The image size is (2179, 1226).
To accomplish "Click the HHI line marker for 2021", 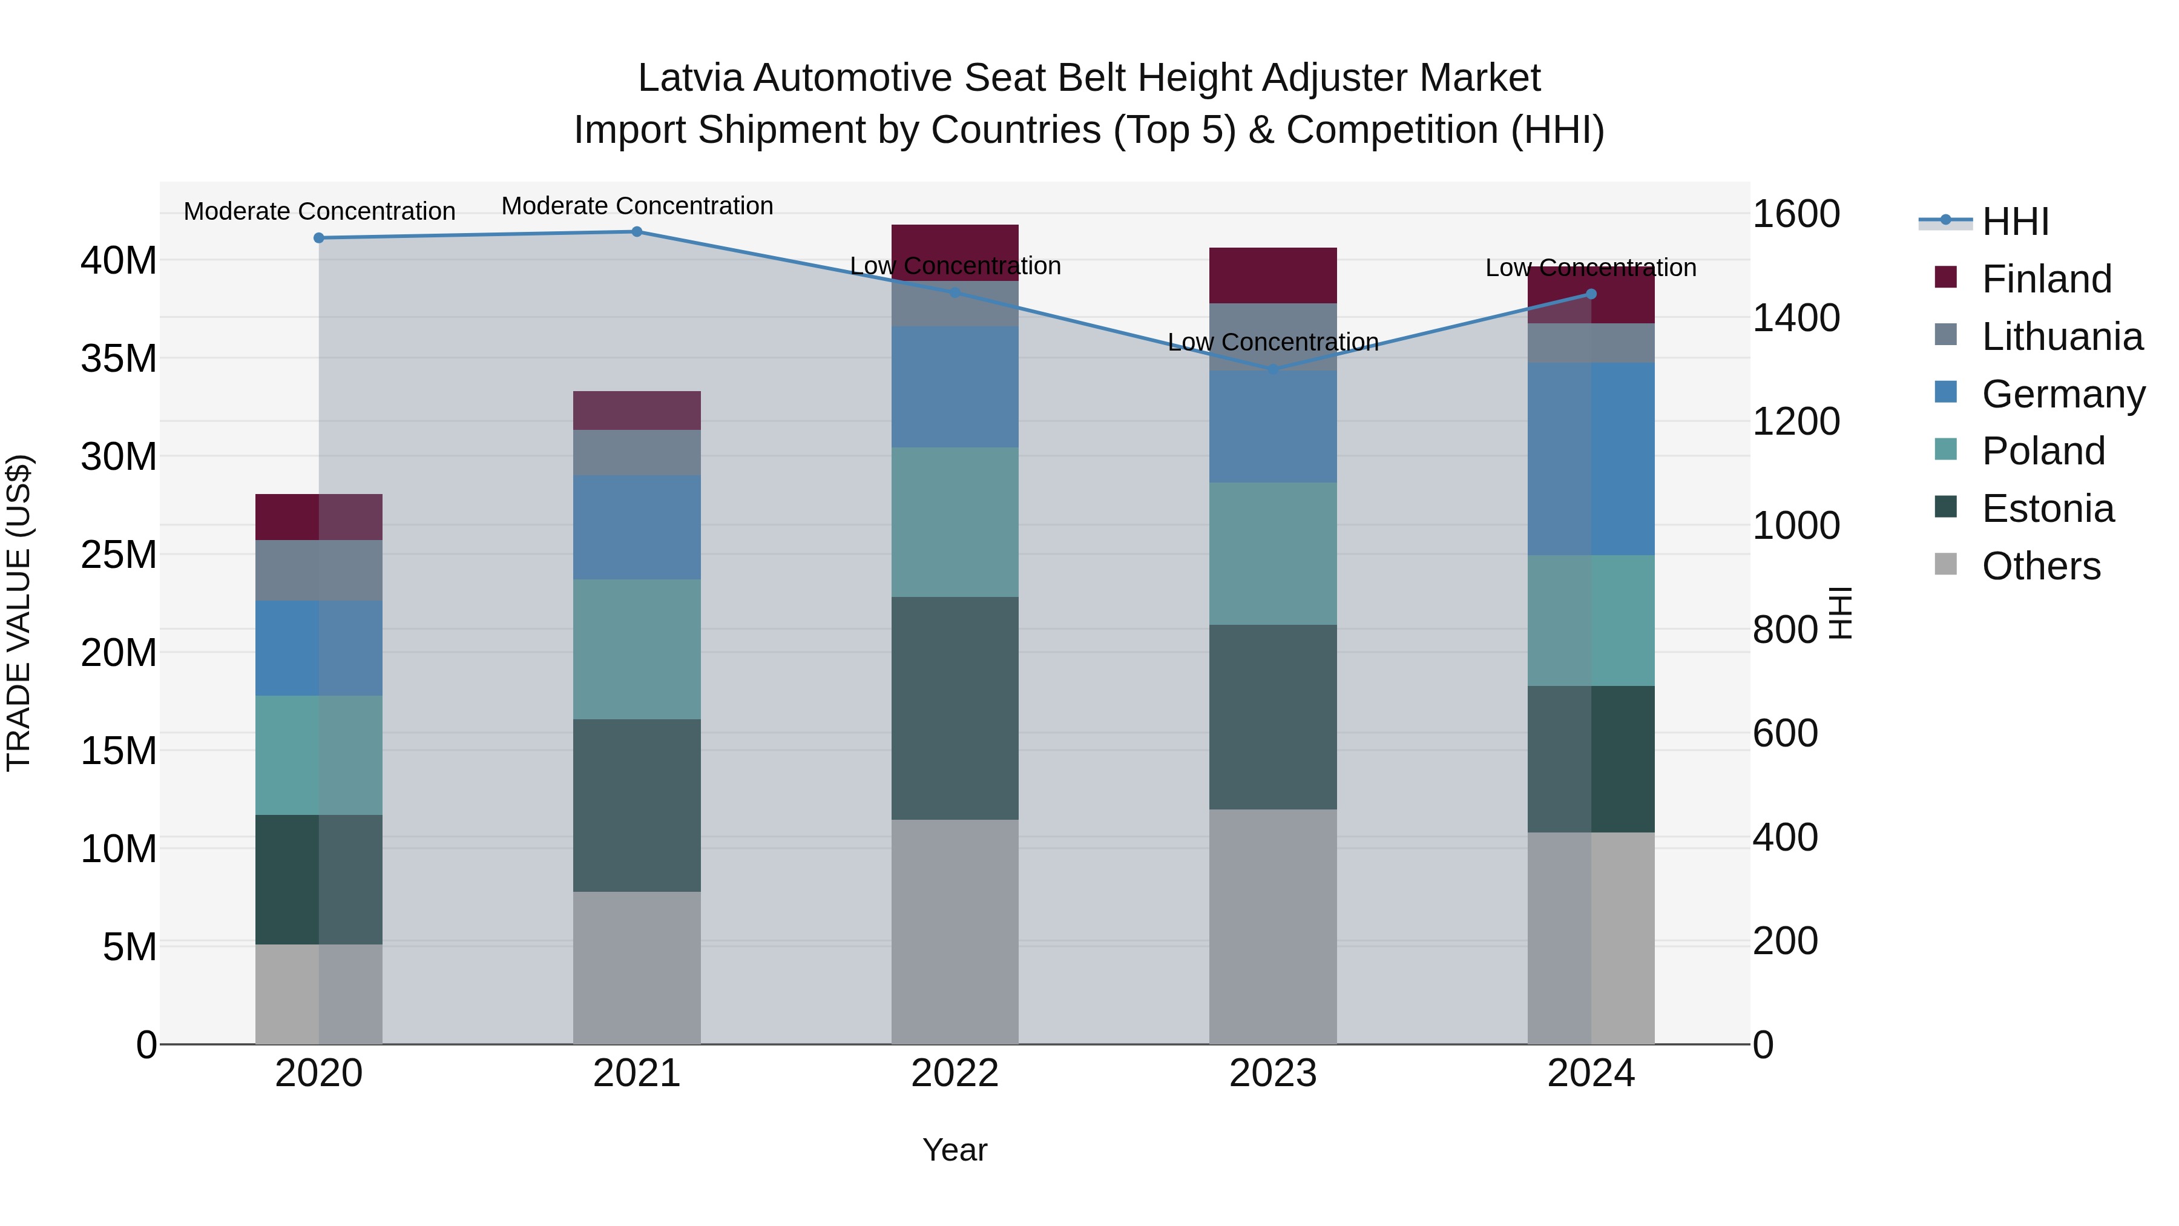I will (637, 231).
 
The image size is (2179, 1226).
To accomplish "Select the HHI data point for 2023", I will (1273, 369).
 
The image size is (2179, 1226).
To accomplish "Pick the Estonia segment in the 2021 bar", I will (637, 805).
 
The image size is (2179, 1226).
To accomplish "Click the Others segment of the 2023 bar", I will (1273, 926).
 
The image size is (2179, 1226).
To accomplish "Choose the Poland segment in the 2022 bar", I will (955, 521).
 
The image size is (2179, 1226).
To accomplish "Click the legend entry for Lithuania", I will (2062, 336).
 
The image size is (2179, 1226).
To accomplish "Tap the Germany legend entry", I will (2062, 394).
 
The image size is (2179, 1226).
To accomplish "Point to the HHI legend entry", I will (2014, 222).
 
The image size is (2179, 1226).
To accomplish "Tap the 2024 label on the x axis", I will (1590, 1073).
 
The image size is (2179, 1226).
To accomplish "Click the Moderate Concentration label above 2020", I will (319, 211).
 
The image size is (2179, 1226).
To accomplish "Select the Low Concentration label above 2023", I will (1273, 342).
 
